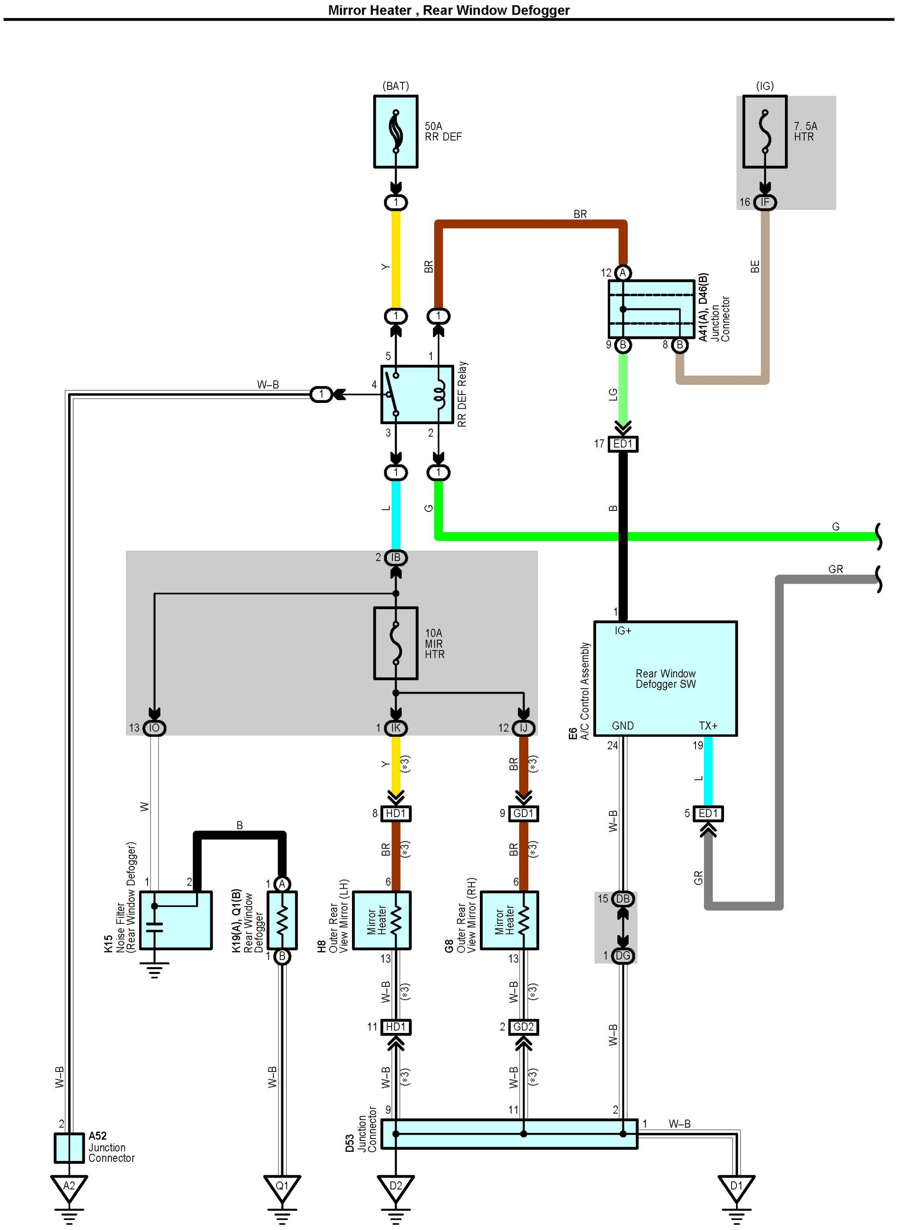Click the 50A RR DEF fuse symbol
395,132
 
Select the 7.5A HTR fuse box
764,132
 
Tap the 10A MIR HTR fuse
395,643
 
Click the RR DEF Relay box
417,395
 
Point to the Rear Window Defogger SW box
665,679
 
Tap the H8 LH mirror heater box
381,921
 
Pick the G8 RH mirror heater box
509,921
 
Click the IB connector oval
395,557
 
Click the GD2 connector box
523,1027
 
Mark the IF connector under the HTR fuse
764,202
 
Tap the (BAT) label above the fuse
395,86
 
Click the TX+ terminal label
708,725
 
